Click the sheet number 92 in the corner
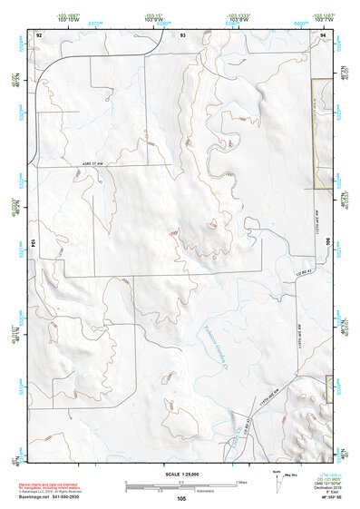click(x=39, y=34)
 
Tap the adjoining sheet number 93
click(x=183, y=34)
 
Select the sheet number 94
click(x=323, y=34)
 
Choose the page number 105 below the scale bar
click(x=181, y=499)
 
